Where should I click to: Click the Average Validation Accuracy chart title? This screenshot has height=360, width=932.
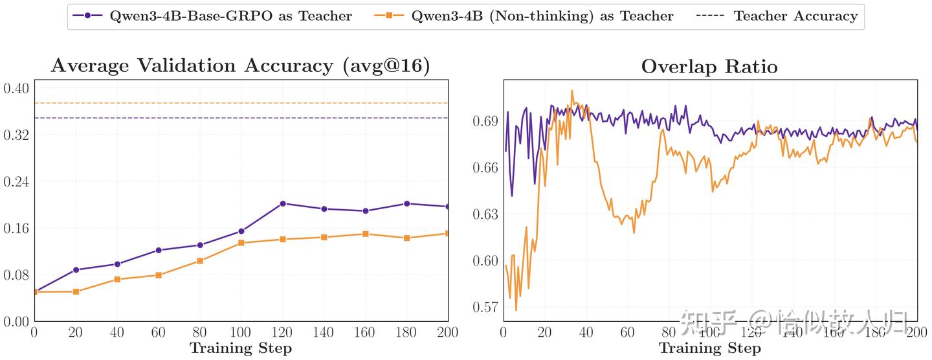tap(240, 66)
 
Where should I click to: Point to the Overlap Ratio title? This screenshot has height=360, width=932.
tap(709, 67)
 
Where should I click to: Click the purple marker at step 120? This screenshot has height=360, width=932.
tap(283, 203)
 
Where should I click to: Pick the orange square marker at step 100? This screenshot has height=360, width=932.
tap(241, 243)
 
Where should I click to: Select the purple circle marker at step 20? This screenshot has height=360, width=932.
tap(76, 269)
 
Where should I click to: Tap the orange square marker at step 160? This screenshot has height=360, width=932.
tap(366, 234)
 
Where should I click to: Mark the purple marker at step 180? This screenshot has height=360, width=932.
tap(407, 203)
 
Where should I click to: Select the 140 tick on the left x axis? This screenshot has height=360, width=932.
tap(324, 333)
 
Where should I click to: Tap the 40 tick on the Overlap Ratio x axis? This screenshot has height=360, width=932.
tap(586, 333)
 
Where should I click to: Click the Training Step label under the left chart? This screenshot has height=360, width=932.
tap(240, 348)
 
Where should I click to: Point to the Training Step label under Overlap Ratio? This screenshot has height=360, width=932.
tap(709, 348)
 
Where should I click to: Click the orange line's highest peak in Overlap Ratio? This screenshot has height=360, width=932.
tap(572, 91)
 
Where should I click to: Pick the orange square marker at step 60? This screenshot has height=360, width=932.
tap(159, 275)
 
